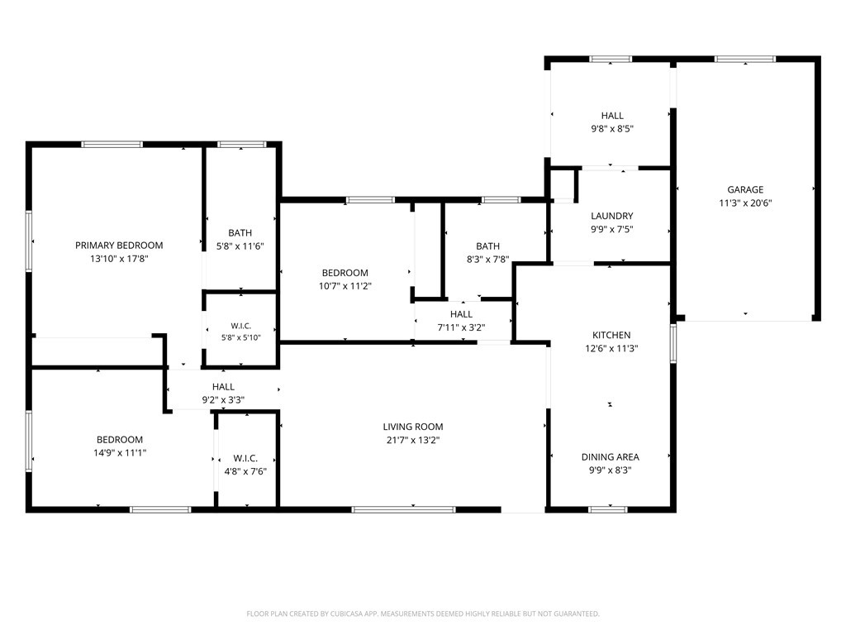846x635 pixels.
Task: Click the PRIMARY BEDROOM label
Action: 119,245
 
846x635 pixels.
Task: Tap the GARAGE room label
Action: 745,189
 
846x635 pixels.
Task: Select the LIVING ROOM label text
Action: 413,427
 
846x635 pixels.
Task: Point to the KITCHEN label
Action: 611,335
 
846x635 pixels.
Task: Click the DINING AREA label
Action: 611,456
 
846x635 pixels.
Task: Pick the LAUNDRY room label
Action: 612,216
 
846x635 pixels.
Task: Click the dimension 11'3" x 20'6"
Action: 745,203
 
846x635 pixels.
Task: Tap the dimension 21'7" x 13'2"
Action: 413,440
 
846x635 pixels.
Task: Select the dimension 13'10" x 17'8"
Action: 119,259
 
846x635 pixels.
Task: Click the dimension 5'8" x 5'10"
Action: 240,337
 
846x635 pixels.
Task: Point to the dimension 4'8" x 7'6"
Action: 245,471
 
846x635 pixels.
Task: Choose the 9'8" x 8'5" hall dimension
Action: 612,129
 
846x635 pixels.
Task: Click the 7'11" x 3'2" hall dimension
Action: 461,327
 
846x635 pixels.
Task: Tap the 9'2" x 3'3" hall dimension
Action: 223,400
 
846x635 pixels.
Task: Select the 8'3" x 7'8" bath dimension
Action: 487,259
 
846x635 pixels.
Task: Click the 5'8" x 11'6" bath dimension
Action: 240,246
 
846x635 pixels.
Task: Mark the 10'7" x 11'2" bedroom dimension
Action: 345,286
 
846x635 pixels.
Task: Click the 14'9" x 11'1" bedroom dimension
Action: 120,453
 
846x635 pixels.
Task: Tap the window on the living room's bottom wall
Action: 403,509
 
